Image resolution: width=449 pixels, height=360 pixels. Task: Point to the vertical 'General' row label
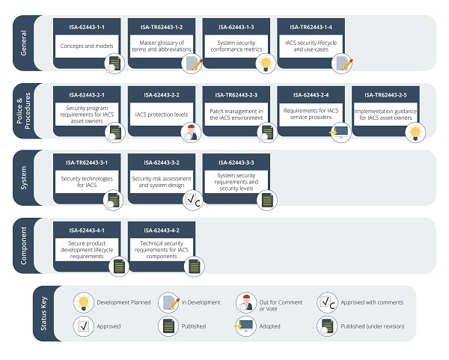coord(24,42)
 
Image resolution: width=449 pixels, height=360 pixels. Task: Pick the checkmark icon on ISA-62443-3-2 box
coord(192,200)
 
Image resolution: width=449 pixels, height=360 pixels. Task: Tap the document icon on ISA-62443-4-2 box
coord(192,266)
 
